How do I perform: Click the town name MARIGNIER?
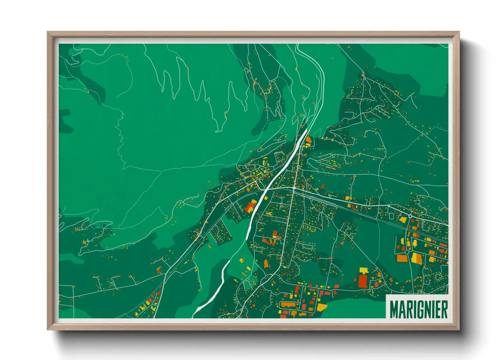tap(418, 309)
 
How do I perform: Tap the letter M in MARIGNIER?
tap(394, 309)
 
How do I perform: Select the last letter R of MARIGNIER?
tap(444, 309)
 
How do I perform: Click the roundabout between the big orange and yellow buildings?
tap(407, 252)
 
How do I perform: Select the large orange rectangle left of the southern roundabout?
tap(402, 258)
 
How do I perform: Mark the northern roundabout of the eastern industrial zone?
tap(410, 216)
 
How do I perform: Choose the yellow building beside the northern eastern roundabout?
tap(403, 220)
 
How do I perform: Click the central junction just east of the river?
tap(294, 188)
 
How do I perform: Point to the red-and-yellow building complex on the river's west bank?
tap(251, 207)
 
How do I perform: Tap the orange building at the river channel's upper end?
tap(308, 140)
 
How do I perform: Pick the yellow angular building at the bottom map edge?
tap(322, 307)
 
